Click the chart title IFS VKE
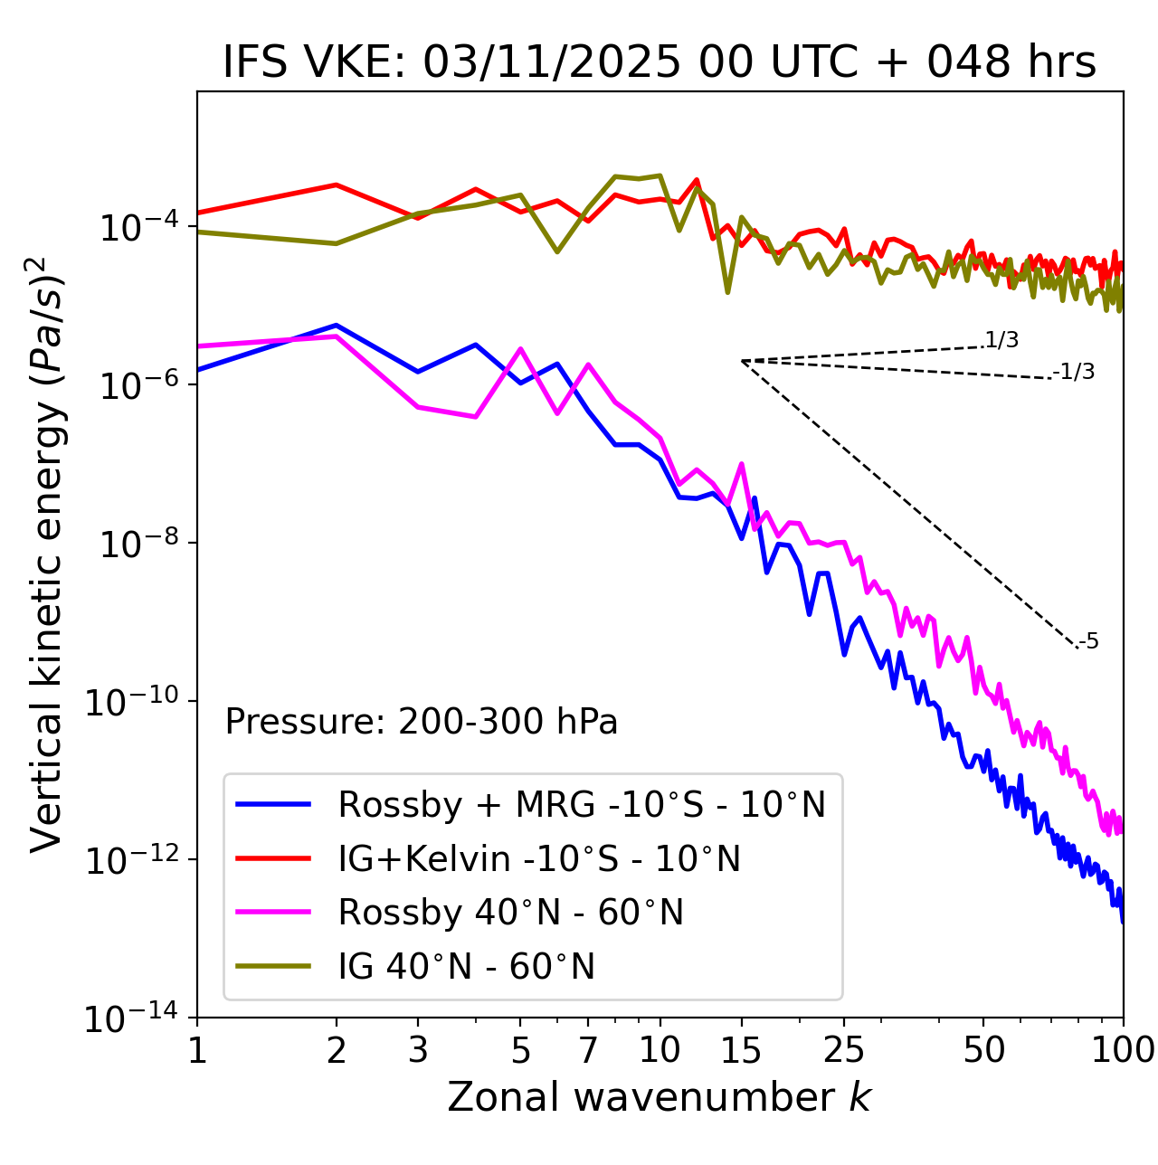pyautogui.click(x=660, y=63)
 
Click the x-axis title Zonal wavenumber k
pyautogui.click(x=660, y=1096)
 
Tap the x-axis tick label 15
pyautogui.click(x=741, y=1050)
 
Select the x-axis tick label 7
pyautogui.click(x=588, y=1050)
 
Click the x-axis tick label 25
pyautogui.click(x=844, y=1050)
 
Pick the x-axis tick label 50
pyautogui.click(x=983, y=1050)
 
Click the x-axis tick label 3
pyautogui.click(x=417, y=1050)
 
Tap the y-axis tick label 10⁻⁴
pyautogui.click(x=136, y=227)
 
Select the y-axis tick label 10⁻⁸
pyautogui.click(x=136, y=544)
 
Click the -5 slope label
pyautogui.click(x=1089, y=642)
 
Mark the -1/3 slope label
pyautogui.click(x=1075, y=372)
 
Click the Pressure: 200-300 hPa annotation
pyautogui.click(x=421, y=722)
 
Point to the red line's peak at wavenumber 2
pyautogui.click(x=337, y=185)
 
